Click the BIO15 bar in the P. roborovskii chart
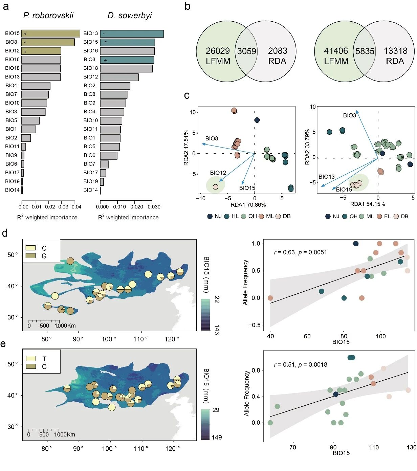point(50,33)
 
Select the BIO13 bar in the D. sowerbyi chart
point(132,33)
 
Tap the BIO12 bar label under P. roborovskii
point(12,51)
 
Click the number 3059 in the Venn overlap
point(246,51)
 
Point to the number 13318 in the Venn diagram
point(395,51)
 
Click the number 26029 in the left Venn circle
point(218,51)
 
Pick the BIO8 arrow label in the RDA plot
point(212,138)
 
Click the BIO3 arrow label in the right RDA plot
point(349,115)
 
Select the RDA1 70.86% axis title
point(248,205)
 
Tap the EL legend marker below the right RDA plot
point(380,217)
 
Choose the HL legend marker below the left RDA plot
point(227,217)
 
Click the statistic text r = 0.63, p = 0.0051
point(300,252)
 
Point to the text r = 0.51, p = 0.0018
point(300,364)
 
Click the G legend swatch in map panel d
point(30,256)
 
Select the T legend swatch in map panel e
point(31,358)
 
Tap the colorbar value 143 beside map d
point(217,330)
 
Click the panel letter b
point(188,6)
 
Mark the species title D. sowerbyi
point(130,16)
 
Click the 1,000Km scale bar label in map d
point(65,326)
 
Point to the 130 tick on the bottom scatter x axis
point(411,447)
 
